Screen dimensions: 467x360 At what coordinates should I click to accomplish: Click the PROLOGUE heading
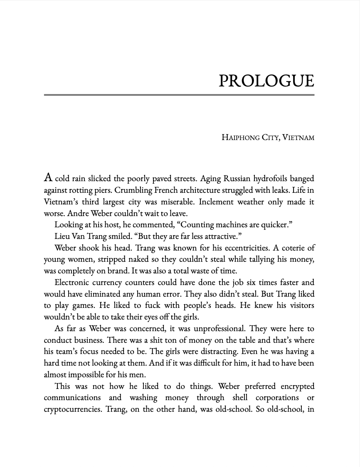266,81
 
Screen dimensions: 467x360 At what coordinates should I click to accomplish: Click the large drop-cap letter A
48,178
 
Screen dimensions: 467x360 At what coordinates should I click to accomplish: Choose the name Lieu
62,236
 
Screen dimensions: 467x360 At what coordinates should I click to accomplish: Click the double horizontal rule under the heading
179,95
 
